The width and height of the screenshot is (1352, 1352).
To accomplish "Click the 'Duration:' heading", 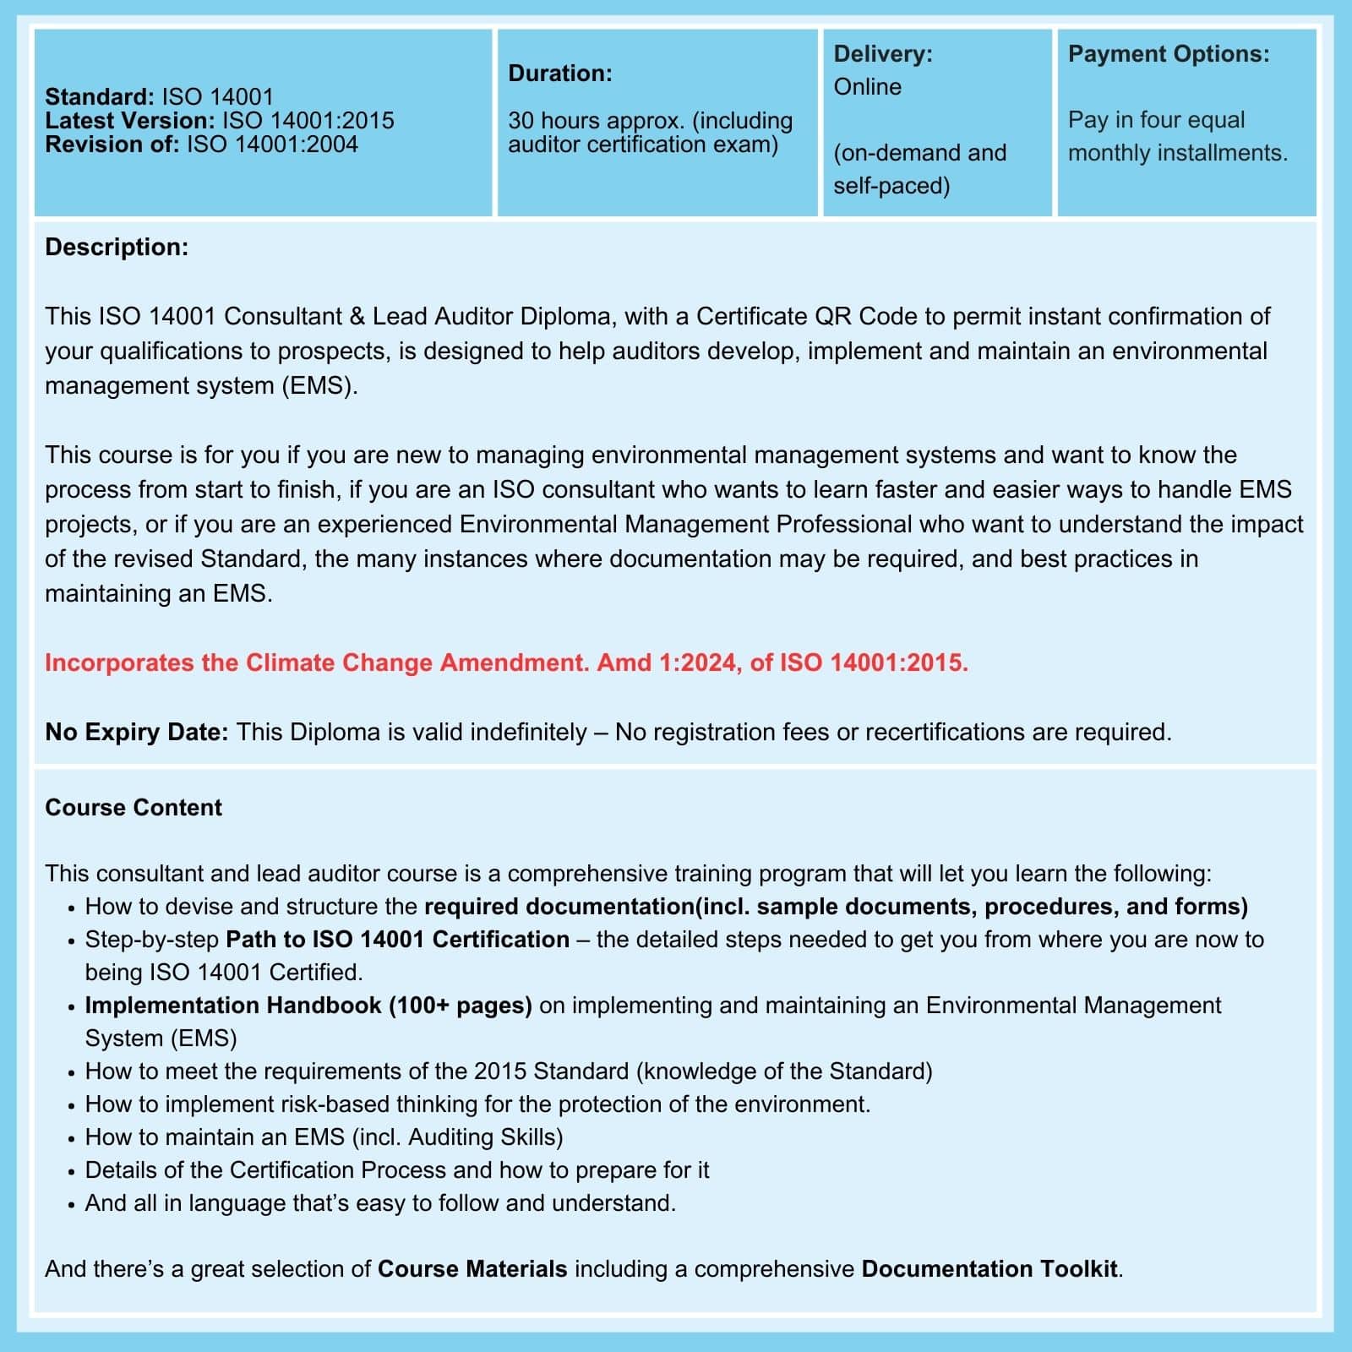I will coord(559,74).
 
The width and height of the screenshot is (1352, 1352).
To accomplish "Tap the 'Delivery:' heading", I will coord(882,54).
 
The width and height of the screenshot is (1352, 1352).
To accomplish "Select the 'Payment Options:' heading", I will coord(1168,54).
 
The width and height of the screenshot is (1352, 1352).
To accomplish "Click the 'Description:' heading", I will coord(117,247).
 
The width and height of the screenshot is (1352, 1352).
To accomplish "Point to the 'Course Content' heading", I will coord(134,808).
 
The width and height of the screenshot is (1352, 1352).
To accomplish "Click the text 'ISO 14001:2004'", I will coord(272,144).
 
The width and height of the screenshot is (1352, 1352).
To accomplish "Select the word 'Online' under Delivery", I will coord(867,87).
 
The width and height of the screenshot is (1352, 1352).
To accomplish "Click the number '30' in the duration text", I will coord(521,121).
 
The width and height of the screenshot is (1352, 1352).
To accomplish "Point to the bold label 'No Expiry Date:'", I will coord(136,732).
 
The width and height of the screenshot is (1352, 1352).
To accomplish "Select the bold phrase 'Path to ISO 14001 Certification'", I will coord(397,940).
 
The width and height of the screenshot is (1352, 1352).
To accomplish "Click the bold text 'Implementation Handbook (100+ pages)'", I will coord(308,1006).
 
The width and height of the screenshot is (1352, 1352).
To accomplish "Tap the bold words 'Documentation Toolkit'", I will coord(989,1269).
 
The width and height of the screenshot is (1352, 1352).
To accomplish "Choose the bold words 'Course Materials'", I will coord(472,1269).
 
